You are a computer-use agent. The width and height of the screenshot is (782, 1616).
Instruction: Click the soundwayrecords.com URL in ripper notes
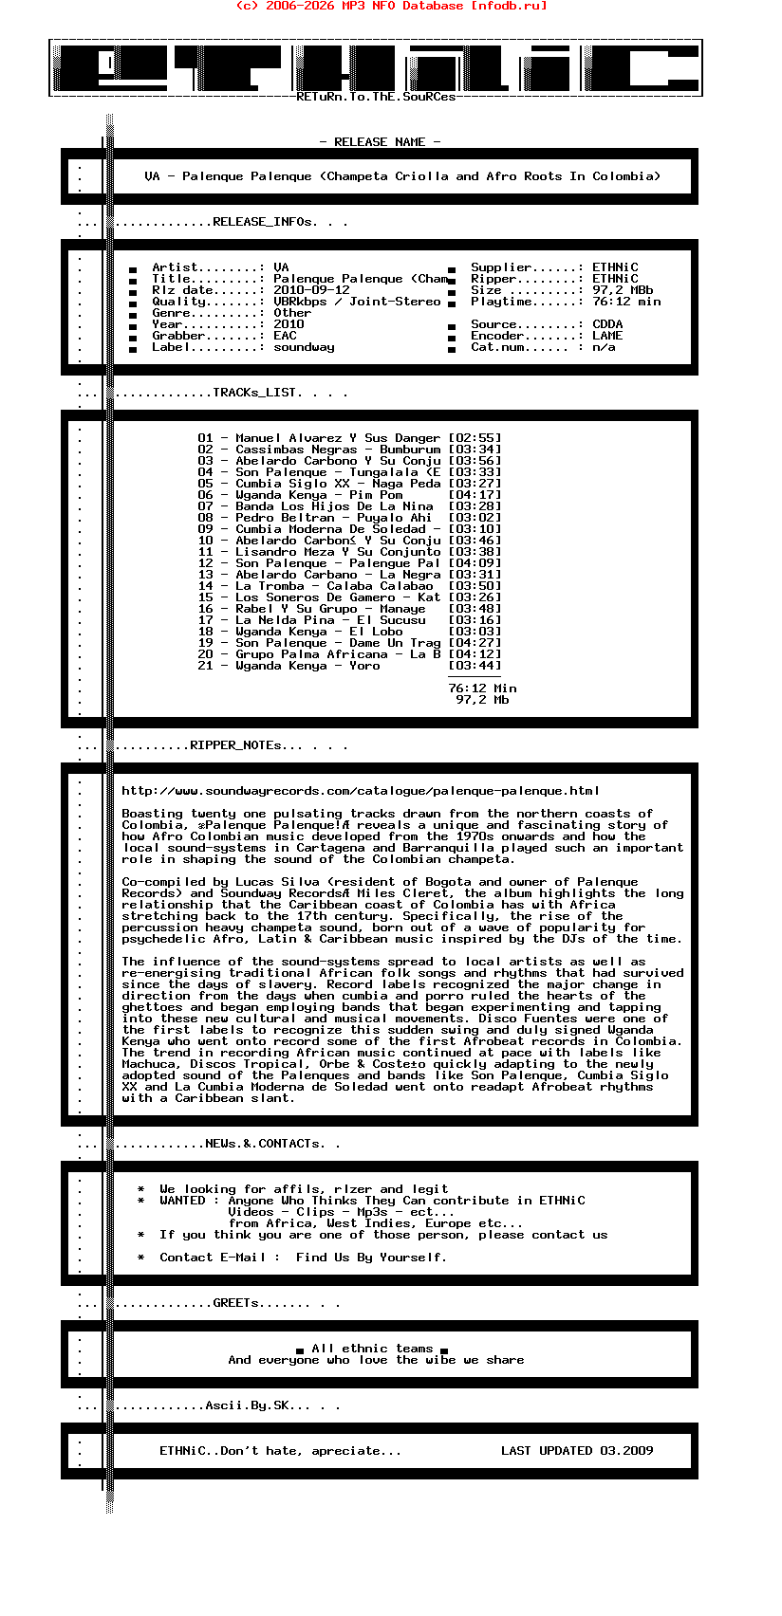click(361, 791)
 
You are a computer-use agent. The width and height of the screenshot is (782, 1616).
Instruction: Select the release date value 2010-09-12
click(311, 290)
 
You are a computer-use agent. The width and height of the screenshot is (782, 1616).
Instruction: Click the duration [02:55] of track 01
click(475, 438)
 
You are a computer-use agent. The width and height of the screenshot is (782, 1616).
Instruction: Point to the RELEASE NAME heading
click(380, 142)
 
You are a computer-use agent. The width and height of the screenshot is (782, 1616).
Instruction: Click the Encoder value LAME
click(607, 336)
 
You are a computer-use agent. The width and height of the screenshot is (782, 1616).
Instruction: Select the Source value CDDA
click(607, 324)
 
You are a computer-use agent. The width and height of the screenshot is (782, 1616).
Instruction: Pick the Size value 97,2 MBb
click(623, 290)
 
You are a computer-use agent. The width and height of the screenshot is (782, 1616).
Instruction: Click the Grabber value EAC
click(285, 336)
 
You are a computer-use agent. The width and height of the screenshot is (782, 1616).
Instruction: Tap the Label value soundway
click(304, 347)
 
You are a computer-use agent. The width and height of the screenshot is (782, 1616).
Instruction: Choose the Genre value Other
click(292, 313)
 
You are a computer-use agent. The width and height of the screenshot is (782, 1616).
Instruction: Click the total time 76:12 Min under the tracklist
click(482, 689)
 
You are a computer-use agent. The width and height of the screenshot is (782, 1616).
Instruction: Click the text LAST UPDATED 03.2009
click(577, 1451)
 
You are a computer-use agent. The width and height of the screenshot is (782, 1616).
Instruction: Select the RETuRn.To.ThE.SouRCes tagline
click(376, 97)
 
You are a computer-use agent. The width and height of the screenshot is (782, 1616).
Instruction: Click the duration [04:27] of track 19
click(475, 643)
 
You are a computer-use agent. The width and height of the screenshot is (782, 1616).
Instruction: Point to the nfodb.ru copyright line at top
click(391, 6)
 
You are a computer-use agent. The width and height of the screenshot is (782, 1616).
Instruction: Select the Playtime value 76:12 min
click(626, 302)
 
